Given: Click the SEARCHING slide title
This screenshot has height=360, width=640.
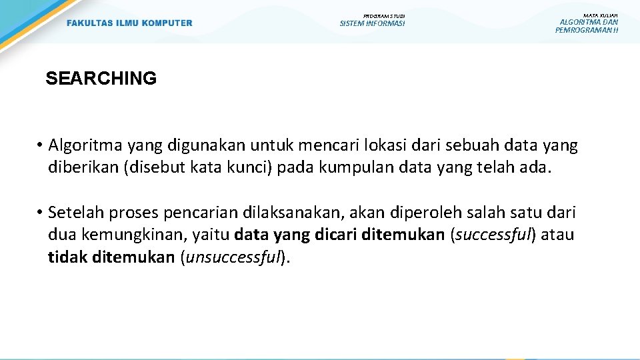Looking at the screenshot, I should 101,78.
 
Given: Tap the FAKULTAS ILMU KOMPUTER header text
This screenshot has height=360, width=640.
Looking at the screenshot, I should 129,23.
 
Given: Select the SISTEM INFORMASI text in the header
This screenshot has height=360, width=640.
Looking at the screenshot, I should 372,23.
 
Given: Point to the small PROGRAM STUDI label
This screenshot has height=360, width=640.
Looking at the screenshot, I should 384,16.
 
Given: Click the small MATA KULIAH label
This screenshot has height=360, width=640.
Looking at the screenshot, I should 600,15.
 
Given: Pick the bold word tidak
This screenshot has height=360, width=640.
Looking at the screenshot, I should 68,257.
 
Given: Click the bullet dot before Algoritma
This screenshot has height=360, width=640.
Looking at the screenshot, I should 40,146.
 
